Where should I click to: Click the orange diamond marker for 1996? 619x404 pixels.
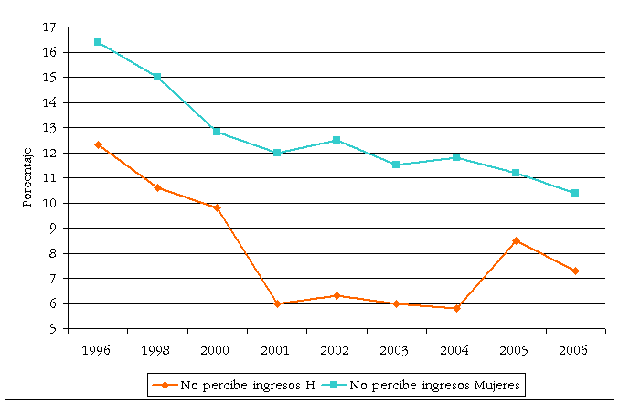(98, 144)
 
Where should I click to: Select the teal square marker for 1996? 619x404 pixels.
(98, 42)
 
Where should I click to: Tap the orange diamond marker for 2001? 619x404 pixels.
(277, 303)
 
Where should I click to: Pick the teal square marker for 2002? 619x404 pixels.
(336, 140)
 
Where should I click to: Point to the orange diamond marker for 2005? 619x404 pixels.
(516, 240)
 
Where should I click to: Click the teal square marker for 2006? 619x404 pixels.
(575, 193)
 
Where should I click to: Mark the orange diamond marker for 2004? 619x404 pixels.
(456, 308)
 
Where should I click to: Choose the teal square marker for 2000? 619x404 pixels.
(217, 132)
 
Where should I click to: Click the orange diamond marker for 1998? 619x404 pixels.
(158, 187)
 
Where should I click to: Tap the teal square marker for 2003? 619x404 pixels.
(396, 165)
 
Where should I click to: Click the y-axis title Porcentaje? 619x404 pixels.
(27, 177)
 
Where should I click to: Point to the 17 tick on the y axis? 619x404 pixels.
(51, 27)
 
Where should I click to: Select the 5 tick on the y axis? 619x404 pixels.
(55, 329)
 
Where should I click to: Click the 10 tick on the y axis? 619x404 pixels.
(51, 203)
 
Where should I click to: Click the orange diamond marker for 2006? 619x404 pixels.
(575, 271)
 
